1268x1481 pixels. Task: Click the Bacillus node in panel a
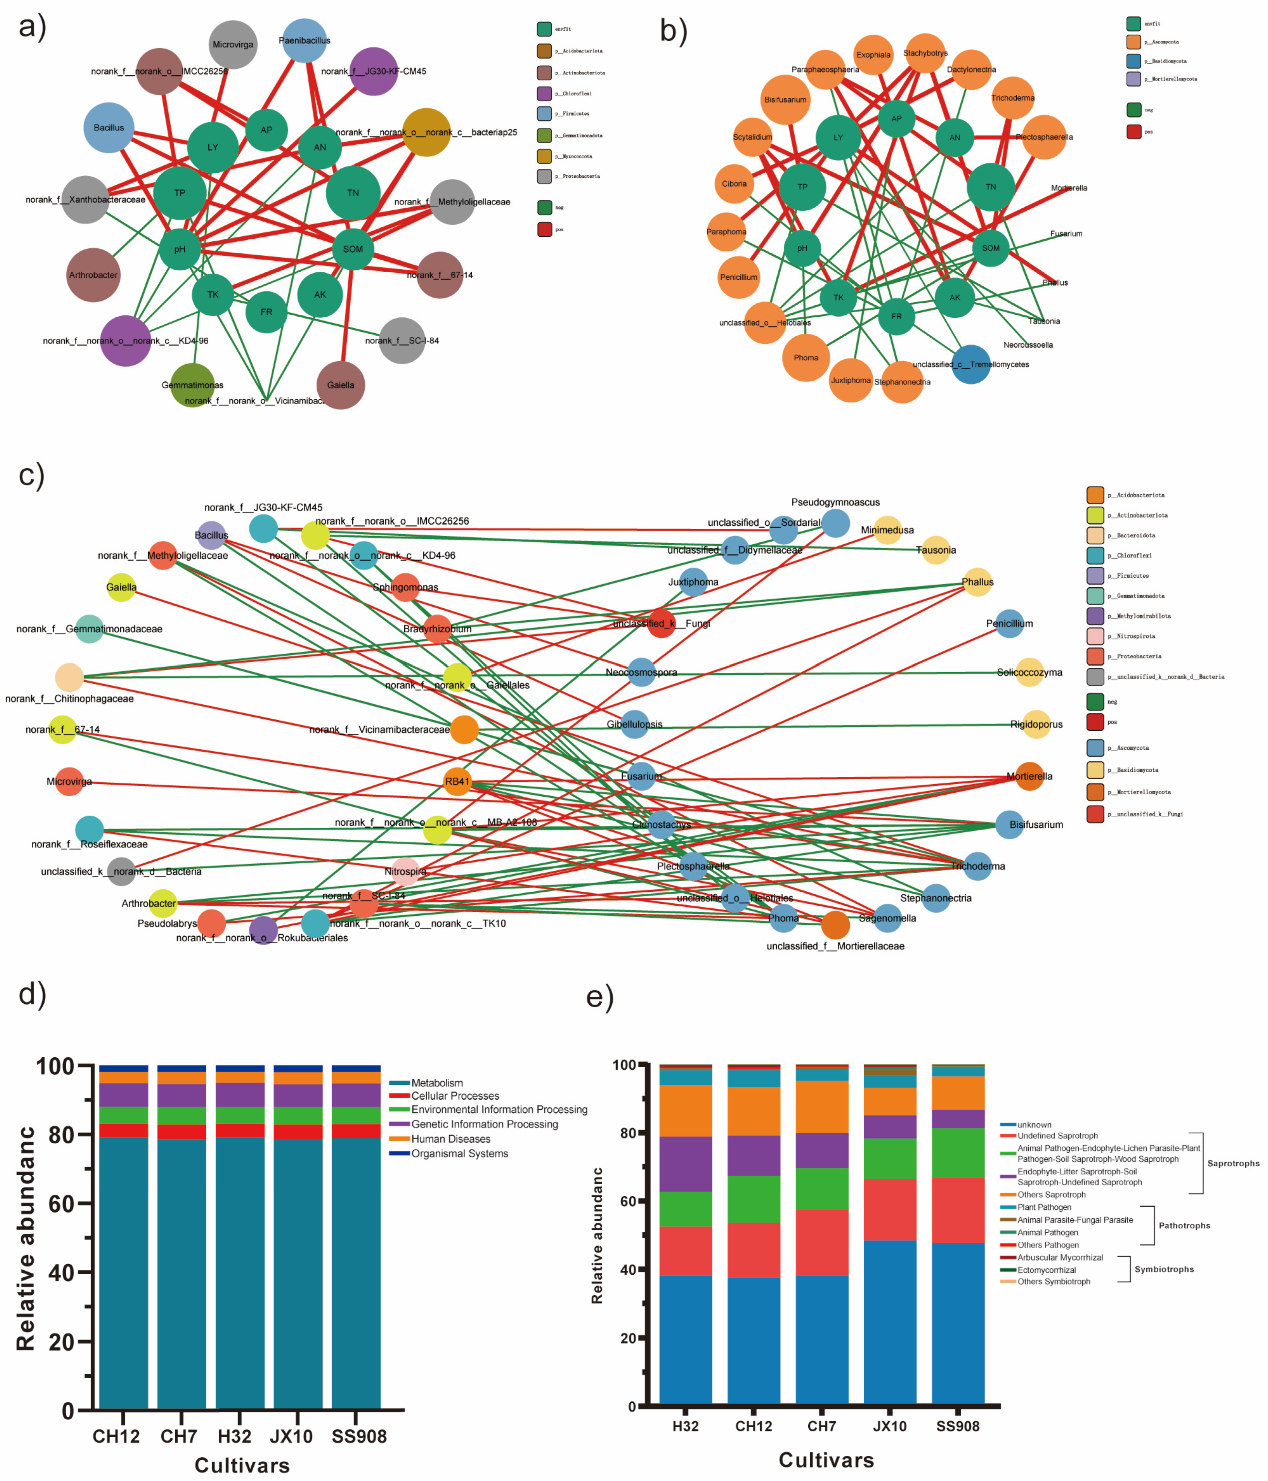pos(109,128)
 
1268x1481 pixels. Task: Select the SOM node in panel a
pos(353,249)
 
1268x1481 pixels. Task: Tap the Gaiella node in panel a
pos(341,385)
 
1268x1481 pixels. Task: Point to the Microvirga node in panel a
pos(233,44)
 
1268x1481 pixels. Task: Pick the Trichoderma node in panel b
pos(1013,98)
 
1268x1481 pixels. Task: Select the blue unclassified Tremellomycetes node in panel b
pos(971,365)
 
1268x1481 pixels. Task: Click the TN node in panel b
pos(991,187)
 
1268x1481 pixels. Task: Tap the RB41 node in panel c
pos(457,781)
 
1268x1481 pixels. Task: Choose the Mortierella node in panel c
pos(1029,776)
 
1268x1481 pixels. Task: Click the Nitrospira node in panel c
pos(405,871)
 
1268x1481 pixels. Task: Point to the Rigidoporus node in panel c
pos(1036,724)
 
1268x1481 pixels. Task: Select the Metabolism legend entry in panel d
pos(437,1083)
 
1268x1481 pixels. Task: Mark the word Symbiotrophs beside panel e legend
pos(1164,1269)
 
